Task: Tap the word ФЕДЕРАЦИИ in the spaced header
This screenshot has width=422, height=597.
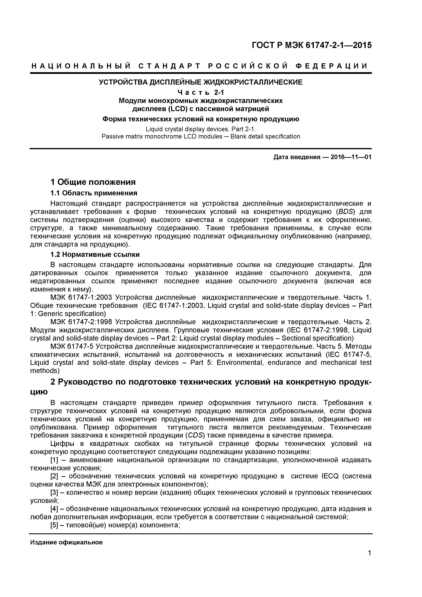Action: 332,66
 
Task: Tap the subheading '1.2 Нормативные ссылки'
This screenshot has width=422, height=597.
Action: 95,254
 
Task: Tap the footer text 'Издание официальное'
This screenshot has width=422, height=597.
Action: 66,542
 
